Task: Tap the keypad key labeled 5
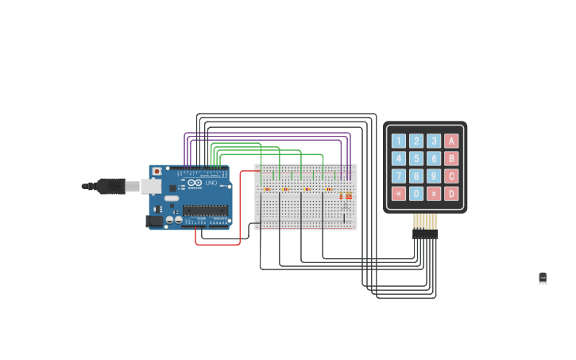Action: pos(416,158)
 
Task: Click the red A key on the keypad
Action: pos(451,141)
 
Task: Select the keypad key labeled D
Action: pos(451,193)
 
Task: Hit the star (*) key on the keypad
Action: pos(399,193)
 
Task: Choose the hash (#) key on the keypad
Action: pos(434,193)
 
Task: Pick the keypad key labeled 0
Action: pos(416,193)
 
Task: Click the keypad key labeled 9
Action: pos(434,176)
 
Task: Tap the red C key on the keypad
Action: pos(451,176)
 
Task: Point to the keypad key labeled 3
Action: pos(434,141)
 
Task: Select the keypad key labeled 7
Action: pos(399,176)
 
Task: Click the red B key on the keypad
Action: pos(451,158)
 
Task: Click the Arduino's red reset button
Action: pos(157,171)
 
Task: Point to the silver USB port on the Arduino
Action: pos(151,186)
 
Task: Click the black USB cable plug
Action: pos(111,186)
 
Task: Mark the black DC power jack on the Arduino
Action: pos(154,221)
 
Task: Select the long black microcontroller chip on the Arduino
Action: pos(205,210)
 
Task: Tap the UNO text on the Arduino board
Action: pos(211,184)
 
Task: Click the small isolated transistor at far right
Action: pos(543,278)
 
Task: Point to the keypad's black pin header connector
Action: pos(424,234)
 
